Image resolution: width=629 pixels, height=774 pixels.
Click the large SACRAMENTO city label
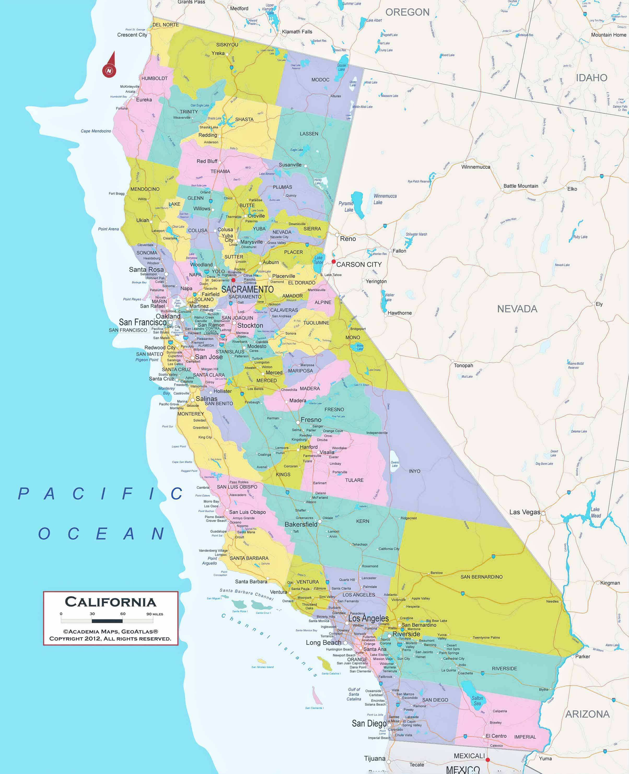point(247,289)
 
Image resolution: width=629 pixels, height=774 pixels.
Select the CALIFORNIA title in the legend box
point(110,602)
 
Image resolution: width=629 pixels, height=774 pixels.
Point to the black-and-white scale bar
point(107,621)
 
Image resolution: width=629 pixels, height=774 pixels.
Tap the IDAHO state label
point(591,78)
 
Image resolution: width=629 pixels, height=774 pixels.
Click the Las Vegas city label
point(524,512)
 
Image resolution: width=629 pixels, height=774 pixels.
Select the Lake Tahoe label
point(318,260)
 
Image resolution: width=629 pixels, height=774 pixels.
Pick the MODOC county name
point(320,80)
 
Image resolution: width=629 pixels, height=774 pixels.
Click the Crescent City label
point(132,35)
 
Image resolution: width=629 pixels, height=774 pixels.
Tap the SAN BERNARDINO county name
point(481,577)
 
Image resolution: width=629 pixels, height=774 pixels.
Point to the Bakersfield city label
point(301,524)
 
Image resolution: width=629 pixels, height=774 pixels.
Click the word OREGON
point(407,12)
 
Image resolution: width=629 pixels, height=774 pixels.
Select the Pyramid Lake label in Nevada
point(347,207)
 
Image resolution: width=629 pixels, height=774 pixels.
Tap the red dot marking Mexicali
point(488,760)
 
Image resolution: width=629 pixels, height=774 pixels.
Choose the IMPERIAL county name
point(525,737)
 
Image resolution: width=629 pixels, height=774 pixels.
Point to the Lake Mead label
point(596,513)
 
